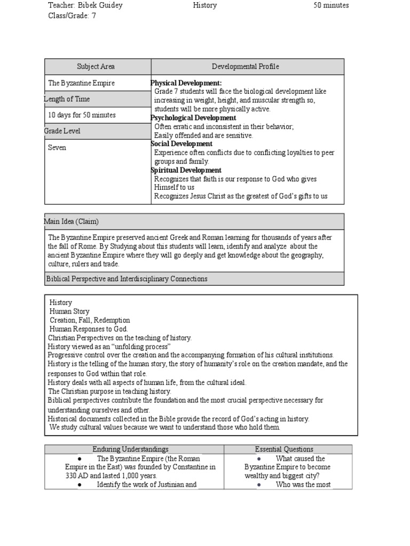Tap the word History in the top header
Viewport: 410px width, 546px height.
(x=205, y=5)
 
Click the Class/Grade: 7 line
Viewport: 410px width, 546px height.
(x=72, y=16)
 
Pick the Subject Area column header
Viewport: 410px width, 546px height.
(x=96, y=67)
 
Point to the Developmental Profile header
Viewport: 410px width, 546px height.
(x=246, y=67)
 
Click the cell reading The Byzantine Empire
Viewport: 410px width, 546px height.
(x=81, y=83)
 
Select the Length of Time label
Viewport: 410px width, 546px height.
(x=67, y=99)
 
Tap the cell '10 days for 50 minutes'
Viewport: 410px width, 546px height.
(x=82, y=115)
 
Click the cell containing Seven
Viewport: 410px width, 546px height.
(x=57, y=148)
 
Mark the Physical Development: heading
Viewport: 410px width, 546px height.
(x=186, y=83)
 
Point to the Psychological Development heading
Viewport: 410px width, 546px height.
(x=193, y=118)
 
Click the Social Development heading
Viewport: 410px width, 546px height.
(x=182, y=144)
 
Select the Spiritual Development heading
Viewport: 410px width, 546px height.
(x=186, y=170)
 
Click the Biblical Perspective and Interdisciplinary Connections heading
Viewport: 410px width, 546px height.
(x=127, y=279)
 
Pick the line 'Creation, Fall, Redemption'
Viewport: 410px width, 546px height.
(x=90, y=320)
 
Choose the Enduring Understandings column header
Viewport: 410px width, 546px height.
(x=133, y=449)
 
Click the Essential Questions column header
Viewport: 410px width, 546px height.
(x=285, y=449)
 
